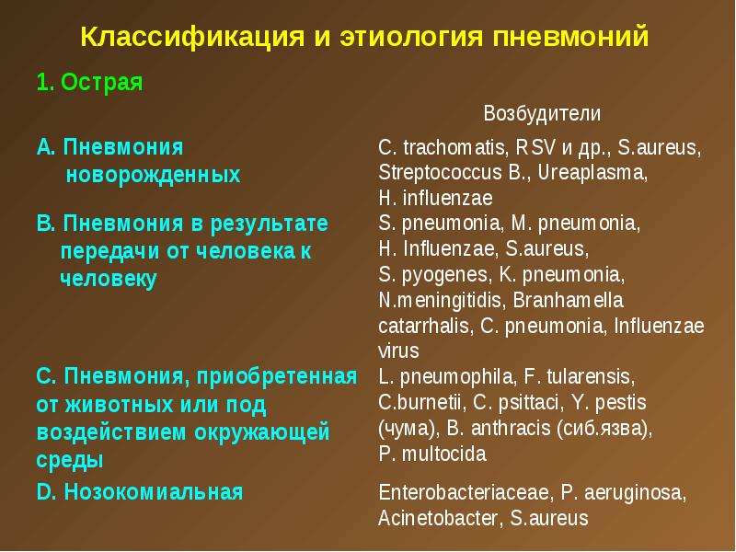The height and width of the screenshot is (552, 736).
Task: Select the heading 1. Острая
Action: [89, 82]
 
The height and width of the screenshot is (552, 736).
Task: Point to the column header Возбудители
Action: [542, 113]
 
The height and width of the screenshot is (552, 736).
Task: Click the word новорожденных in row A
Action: [153, 174]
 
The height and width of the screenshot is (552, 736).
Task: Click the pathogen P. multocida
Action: [432, 454]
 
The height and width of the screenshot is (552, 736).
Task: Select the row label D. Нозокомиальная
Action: [140, 492]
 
